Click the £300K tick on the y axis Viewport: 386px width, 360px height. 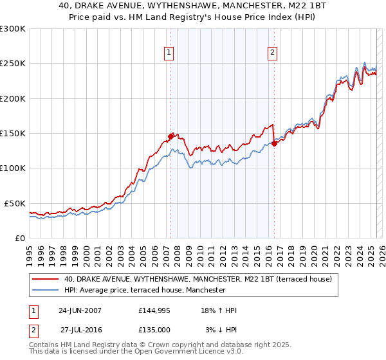tap(13, 29)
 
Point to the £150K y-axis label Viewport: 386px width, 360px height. tap(13, 134)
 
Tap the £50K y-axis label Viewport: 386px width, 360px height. tap(15, 203)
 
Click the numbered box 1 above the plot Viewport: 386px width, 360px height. tap(169, 53)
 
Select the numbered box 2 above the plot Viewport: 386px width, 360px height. tap(273, 53)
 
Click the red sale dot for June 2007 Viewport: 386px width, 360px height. tap(171, 136)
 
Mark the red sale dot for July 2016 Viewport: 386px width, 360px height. tap(275, 143)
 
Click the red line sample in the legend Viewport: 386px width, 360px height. tap(46, 279)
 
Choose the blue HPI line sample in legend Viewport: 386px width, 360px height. tap(46, 290)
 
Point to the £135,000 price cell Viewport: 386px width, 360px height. tap(154, 330)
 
